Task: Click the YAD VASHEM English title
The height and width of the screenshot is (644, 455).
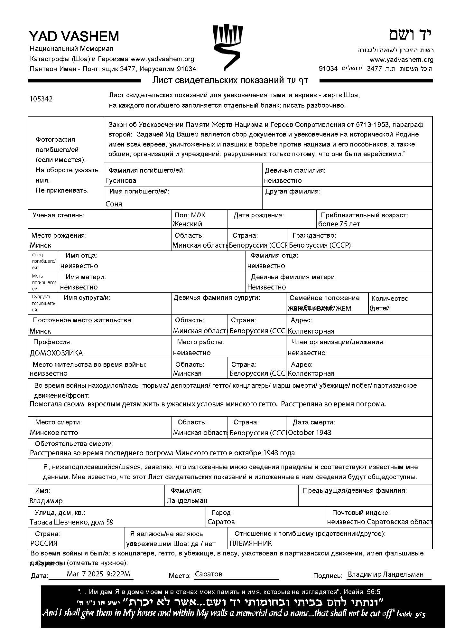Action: click(x=74, y=36)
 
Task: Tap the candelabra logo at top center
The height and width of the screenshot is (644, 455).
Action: click(x=227, y=47)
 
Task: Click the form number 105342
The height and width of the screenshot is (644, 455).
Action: click(x=41, y=99)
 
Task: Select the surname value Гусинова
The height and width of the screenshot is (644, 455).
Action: click(x=121, y=181)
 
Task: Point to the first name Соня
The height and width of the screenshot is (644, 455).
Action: click(x=114, y=204)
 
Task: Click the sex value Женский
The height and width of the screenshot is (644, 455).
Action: click(x=187, y=224)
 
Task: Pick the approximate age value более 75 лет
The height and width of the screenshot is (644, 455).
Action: click(x=339, y=224)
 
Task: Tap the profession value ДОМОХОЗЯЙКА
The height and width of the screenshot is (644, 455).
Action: click(x=56, y=353)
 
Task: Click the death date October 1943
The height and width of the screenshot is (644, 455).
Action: click(x=310, y=432)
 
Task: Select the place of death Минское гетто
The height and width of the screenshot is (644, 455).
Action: click(x=54, y=432)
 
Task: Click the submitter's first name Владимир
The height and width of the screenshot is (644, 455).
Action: click(x=46, y=501)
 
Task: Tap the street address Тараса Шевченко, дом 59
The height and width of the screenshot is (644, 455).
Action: click(x=71, y=522)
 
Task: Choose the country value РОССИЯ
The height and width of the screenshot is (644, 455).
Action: click(x=44, y=543)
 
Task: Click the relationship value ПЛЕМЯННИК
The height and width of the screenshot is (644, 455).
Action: click(x=251, y=544)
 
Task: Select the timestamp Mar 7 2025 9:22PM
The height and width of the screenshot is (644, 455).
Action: click(x=98, y=573)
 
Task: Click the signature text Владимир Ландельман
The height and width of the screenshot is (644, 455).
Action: click(x=385, y=574)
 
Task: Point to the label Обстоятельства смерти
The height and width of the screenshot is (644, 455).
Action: click(x=74, y=444)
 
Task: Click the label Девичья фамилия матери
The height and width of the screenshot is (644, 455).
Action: click(x=294, y=277)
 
